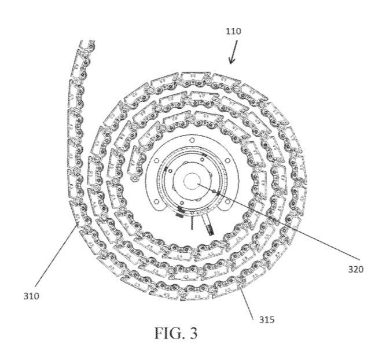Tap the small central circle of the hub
191,181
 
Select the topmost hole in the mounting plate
190,141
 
